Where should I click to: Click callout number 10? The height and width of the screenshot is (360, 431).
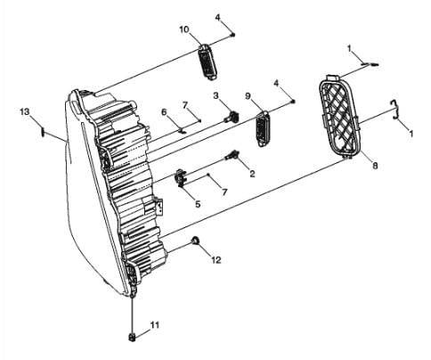(x=184, y=29)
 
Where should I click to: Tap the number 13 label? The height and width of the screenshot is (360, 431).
(x=25, y=111)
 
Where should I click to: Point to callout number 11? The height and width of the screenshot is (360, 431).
(x=155, y=325)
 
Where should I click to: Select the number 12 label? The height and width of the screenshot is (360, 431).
(x=216, y=260)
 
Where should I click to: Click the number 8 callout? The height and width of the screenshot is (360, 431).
(x=375, y=166)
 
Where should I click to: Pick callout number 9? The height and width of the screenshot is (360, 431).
(x=248, y=96)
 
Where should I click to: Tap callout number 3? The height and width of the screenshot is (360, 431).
(x=215, y=95)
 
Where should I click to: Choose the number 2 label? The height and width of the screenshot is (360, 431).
(x=252, y=174)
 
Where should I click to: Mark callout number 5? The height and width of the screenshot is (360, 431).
(x=198, y=204)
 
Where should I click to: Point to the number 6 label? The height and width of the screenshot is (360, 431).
(x=164, y=112)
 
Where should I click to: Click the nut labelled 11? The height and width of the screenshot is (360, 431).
(x=132, y=337)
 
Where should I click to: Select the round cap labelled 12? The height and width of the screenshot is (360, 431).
(x=195, y=241)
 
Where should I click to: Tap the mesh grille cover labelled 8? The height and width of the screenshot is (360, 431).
(x=339, y=117)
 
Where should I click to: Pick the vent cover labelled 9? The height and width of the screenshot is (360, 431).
(x=263, y=129)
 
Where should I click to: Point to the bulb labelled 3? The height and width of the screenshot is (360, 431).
(x=232, y=117)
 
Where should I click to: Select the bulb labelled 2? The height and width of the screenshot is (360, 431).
(x=232, y=155)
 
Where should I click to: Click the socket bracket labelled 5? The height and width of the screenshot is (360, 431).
(x=181, y=177)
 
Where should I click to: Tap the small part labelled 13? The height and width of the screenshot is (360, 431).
(x=43, y=131)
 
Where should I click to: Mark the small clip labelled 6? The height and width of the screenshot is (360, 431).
(x=183, y=129)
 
